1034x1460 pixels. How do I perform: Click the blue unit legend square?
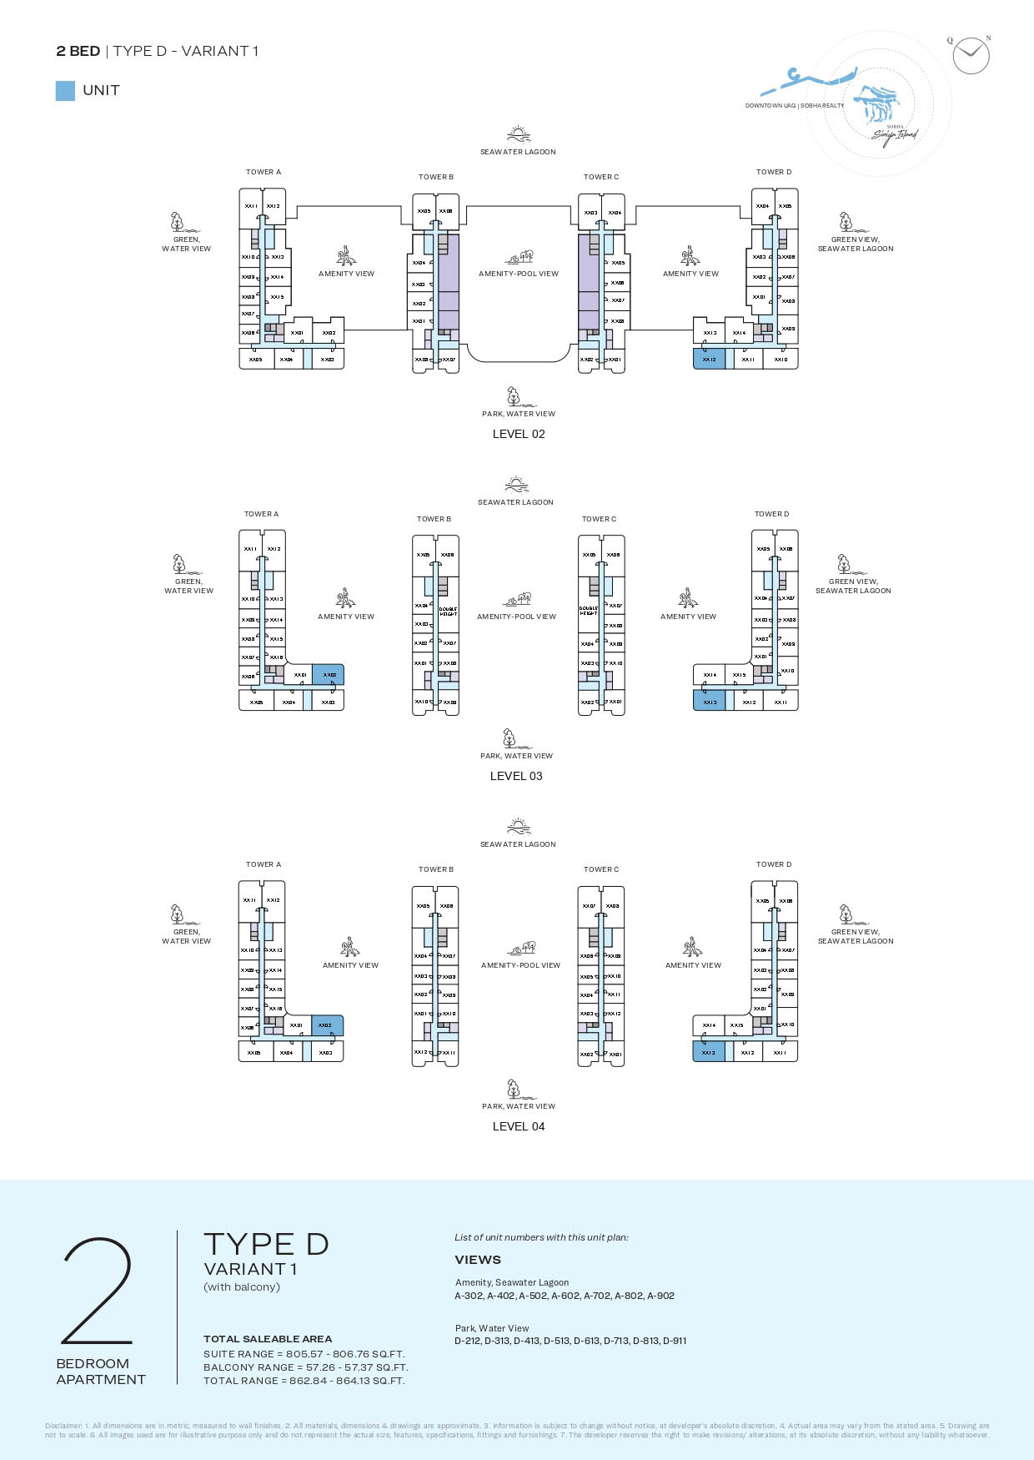click(65, 91)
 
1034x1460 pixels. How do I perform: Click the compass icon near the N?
click(971, 56)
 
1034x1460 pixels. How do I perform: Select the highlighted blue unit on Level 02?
click(709, 359)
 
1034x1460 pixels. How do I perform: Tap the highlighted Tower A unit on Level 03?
click(328, 675)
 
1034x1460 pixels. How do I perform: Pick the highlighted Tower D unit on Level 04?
click(709, 1051)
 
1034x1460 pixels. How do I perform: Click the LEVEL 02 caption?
click(518, 434)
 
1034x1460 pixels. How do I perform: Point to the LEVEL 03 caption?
click(516, 776)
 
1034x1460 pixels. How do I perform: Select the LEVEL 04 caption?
click(518, 1126)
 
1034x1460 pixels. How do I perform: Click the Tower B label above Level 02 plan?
click(436, 177)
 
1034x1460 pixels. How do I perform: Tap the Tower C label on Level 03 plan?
click(599, 519)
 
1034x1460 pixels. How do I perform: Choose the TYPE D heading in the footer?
click(266, 1244)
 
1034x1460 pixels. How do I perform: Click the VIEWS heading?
click(478, 1260)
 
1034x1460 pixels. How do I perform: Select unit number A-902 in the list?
click(660, 1296)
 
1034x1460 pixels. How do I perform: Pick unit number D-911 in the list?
click(675, 1341)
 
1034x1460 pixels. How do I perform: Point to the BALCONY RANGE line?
click(305, 1367)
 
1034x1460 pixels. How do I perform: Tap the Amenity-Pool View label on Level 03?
click(516, 617)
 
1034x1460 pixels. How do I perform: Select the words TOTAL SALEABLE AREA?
click(268, 1339)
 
